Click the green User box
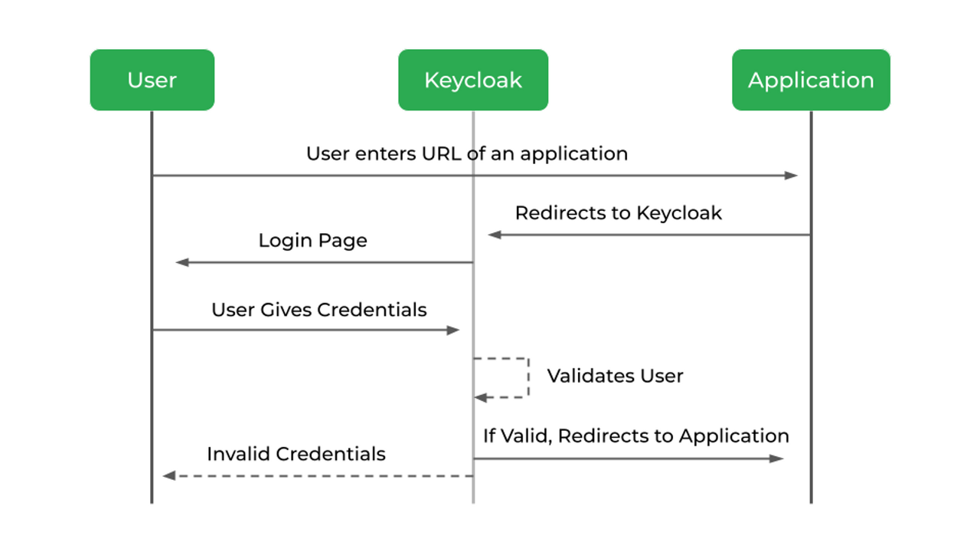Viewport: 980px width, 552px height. (x=152, y=80)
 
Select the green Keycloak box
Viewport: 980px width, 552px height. (x=472, y=80)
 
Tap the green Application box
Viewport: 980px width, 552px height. (x=810, y=80)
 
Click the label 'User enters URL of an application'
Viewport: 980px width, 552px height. (x=466, y=153)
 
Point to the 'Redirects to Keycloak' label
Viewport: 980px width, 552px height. (x=618, y=213)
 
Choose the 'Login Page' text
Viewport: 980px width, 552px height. (x=312, y=241)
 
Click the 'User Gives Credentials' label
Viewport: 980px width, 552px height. (x=318, y=310)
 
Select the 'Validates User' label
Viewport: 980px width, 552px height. (x=615, y=376)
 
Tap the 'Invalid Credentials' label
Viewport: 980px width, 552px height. (x=296, y=454)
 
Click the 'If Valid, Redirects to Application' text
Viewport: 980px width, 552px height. (x=635, y=435)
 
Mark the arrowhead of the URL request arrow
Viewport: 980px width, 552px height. (x=792, y=176)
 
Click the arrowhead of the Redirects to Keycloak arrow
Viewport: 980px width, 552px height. (x=495, y=235)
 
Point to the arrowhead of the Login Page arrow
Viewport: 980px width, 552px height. (x=182, y=262)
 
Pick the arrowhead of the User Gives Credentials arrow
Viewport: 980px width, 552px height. (x=453, y=330)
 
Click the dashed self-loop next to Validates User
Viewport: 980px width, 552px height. (x=527, y=377)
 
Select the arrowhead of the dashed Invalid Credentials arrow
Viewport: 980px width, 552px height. (x=169, y=476)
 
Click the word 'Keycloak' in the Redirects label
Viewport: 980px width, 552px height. (x=678, y=213)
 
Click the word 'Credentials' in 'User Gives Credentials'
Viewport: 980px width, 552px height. (x=371, y=310)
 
